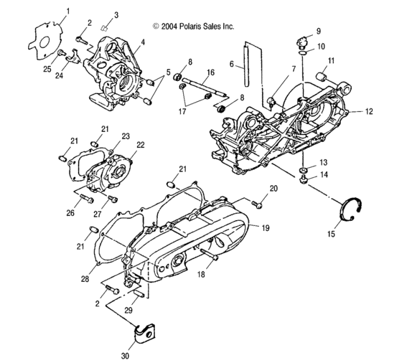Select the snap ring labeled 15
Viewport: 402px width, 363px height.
pyautogui.click(x=351, y=207)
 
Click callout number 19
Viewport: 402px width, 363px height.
pyautogui.click(x=266, y=229)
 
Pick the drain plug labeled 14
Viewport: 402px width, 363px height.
pyautogui.click(x=304, y=180)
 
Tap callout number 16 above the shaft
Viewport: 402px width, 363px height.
pyautogui.click(x=210, y=73)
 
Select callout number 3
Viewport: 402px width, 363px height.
pyautogui.click(x=117, y=15)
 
